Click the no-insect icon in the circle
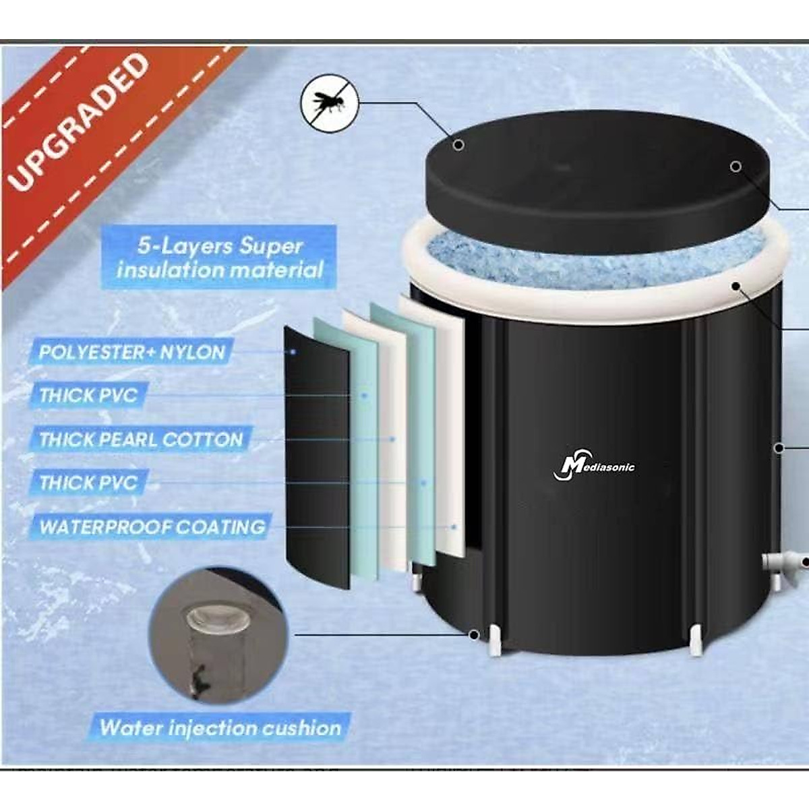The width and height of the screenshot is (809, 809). click(x=328, y=103)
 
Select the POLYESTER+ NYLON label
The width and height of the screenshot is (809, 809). click(x=131, y=352)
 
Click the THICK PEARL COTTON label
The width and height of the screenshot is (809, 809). click(x=141, y=440)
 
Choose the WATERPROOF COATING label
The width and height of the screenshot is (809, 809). click(x=152, y=527)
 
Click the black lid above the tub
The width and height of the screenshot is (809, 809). click(x=593, y=175)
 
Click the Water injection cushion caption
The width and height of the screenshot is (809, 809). click(x=220, y=728)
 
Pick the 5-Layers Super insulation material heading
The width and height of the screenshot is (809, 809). click(x=220, y=258)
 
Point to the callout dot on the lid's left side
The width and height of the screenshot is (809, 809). click(x=458, y=145)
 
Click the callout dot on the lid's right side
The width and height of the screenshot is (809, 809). click(x=736, y=166)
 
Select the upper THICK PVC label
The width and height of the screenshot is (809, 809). click(x=88, y=395)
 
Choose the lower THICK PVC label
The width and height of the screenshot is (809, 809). click(x=88, y=483)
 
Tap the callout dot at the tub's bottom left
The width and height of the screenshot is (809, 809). click(x=474, y=634)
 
